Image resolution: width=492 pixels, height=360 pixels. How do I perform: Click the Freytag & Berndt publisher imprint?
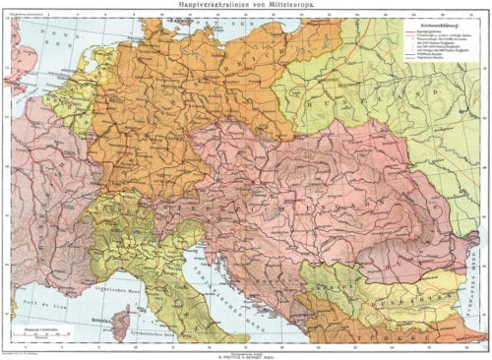[246, 351]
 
